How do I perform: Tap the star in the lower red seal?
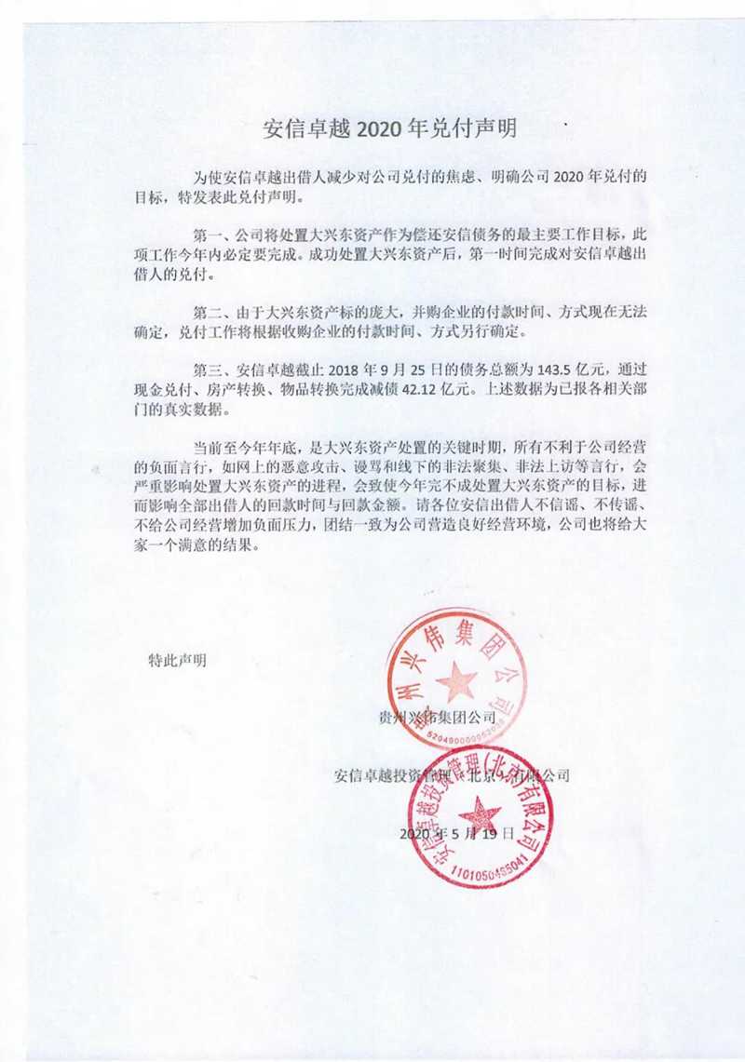click(480, 816)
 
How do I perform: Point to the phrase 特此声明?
click(178, 661)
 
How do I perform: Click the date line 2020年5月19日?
click(456, 834)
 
